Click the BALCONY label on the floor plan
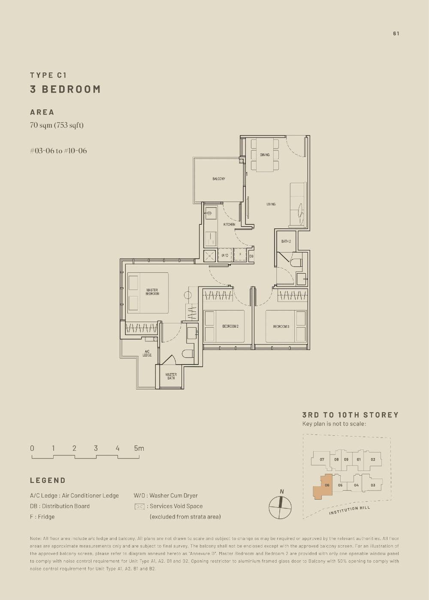coord(218,179)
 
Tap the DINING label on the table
coord(265,155)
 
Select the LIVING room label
coord(271,204)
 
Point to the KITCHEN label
coord(229,224)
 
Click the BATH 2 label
coord(286,241)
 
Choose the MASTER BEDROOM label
coord(152,292)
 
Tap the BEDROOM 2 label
coord(230,326)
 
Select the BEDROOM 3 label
coord(281,326)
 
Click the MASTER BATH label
coord(171,376)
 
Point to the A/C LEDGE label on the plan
coord(147,353)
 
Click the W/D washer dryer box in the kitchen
coord(225,255)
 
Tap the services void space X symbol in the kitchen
coord(210,255)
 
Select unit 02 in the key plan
coord(373,459)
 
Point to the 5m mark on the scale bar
coord(139,448)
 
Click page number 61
coord(396,33)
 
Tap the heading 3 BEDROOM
coord(65,89)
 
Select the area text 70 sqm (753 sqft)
coord(57,125)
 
